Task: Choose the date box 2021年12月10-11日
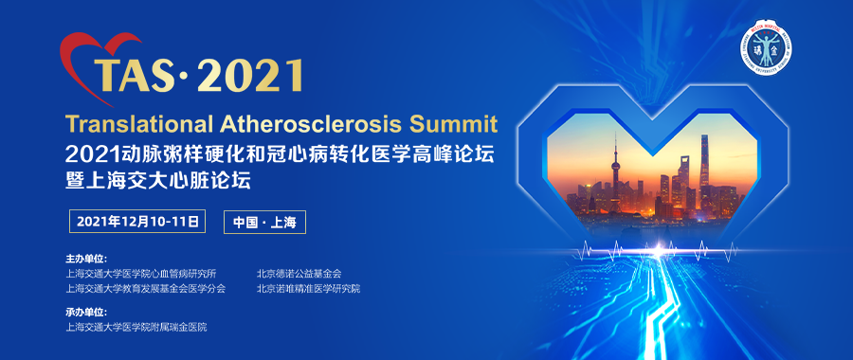pyautogui.click(x=138, y=223)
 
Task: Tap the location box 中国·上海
pyautogui.click(x=265, y=223)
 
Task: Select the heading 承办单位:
pyautogui.click(x=86, y=312)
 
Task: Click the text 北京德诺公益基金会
pyautogui.click(x=299, y=273)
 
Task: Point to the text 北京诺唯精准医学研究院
pyautogui.click(x=308, y=288)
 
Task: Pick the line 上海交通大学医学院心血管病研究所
pyautogui.click(x=141, y=273)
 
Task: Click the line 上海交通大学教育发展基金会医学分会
pyautogui.click(x=146, y=288)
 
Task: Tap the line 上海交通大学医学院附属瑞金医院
pyautogui.click(x=136, y=327)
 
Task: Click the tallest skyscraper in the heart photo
pyautogui.click(x=704, y=171)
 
